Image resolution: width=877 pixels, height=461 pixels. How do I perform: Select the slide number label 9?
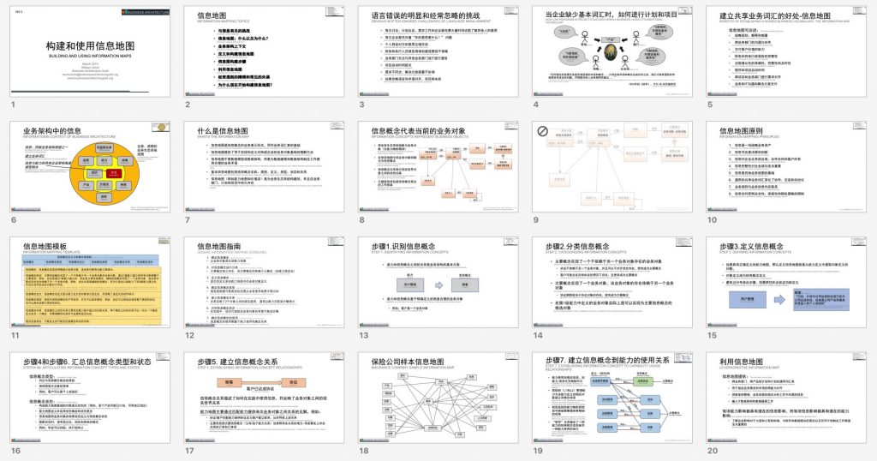coord(537,220)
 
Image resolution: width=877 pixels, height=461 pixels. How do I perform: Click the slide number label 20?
coord(713,450)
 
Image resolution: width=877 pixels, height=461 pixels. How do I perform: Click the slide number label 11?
coord(15,335)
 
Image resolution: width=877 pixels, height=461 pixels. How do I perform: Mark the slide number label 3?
coord(362,105)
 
